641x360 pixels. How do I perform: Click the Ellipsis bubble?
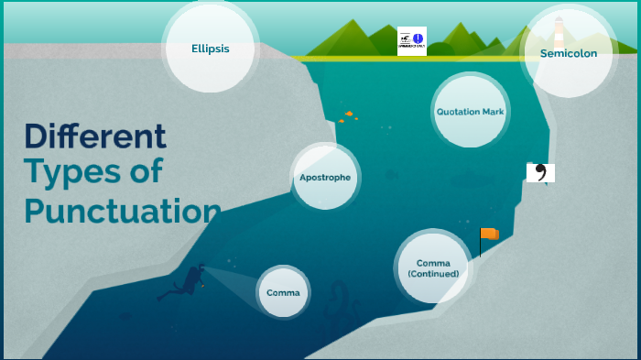(x=210, y=49)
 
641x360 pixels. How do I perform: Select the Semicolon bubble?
(x=568, y=53)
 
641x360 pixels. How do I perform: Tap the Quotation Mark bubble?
(x=470, y=111)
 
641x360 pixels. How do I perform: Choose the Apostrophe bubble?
(x=324, y=176)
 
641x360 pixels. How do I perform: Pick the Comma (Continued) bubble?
(x=433, y=267)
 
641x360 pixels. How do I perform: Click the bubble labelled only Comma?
(x=283, y=292)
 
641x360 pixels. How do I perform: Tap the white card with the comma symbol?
(x=540, y=172)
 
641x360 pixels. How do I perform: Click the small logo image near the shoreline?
(x=411, y=41)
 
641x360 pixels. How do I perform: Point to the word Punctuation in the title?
(x=123, y=210)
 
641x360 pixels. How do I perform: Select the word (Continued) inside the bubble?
(x=433, y=274)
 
